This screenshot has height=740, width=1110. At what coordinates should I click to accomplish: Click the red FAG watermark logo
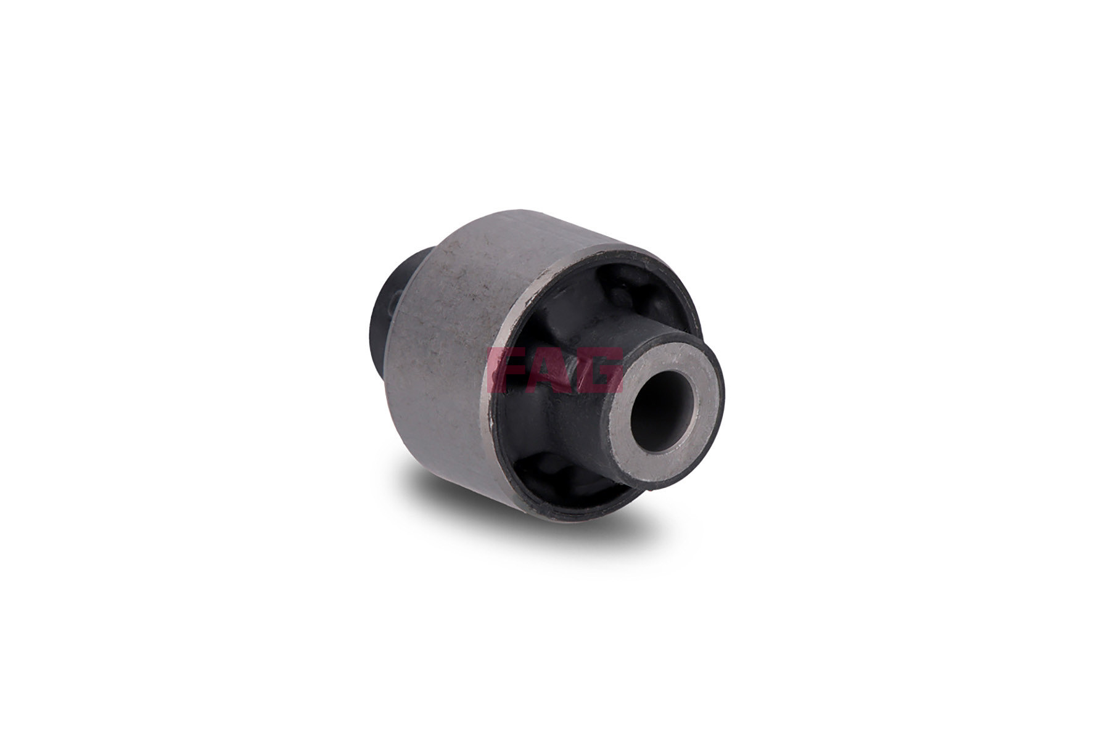coord(554,371)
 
